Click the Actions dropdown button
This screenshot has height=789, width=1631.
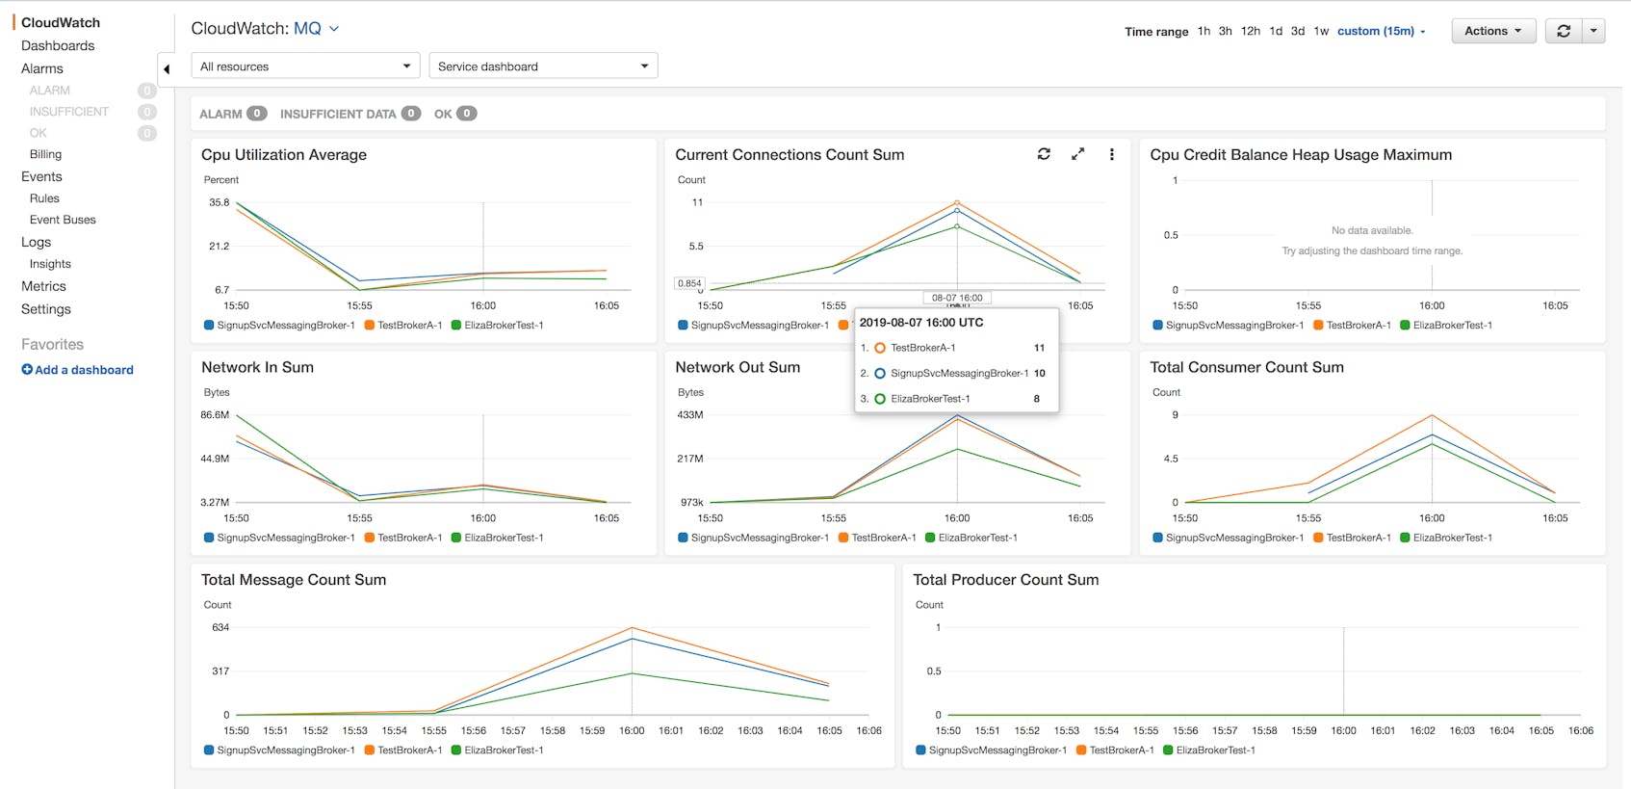1492,31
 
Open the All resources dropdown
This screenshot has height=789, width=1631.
305,66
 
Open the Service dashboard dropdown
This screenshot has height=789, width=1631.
543,66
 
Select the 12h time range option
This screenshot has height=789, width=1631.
1250,31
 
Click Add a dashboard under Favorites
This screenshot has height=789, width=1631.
78,370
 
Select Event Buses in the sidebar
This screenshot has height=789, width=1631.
63,220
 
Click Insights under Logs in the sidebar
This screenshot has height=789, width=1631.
50,264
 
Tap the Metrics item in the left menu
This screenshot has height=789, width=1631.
44,286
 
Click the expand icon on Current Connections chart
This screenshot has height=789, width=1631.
1077,154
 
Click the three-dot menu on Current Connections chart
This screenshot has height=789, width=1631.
1111,154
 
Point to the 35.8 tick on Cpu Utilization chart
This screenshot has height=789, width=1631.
220,202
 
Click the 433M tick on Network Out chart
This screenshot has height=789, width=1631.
690,415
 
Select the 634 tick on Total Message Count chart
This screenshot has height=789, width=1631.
220,627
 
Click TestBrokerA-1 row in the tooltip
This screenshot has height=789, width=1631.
922,348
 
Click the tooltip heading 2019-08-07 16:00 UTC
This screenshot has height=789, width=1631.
920,323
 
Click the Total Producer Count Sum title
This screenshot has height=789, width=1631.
1005,580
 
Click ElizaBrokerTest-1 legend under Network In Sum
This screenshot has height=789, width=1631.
503,538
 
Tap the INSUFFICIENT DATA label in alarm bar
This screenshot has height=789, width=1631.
337,114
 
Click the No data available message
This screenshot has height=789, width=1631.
1372,230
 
